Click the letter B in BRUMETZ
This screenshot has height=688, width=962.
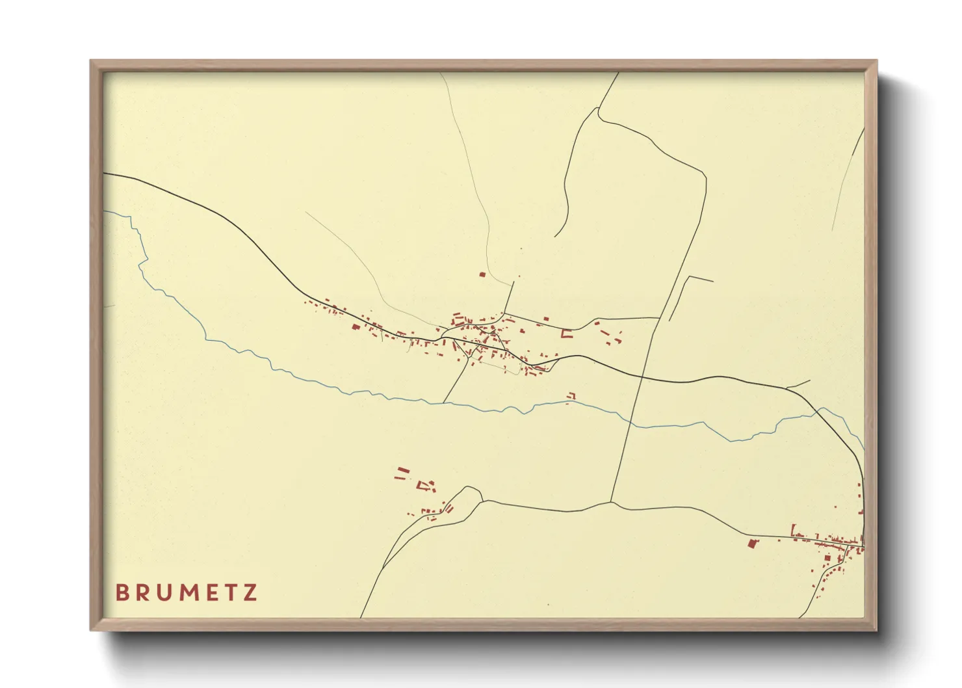(x=122, y=592)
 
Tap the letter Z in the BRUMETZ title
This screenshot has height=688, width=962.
(x=250, y=592)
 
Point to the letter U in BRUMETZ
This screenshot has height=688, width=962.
(x=163, y=592)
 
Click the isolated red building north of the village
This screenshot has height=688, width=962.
(x=482, y=274)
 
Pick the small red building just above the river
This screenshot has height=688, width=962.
(x=571, y=395)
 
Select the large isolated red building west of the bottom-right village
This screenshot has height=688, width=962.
(x=753, y=542)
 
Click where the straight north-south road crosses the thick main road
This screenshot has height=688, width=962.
(x=642, y=376)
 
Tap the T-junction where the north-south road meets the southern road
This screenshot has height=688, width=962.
(x=611, y=502)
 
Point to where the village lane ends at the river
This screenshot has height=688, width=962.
(x=444, y=403)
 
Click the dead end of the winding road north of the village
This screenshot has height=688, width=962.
(x=555, y=236)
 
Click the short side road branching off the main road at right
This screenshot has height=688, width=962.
(x=798, y=384)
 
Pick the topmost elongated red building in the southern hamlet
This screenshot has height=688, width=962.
(x=403, y=470)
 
